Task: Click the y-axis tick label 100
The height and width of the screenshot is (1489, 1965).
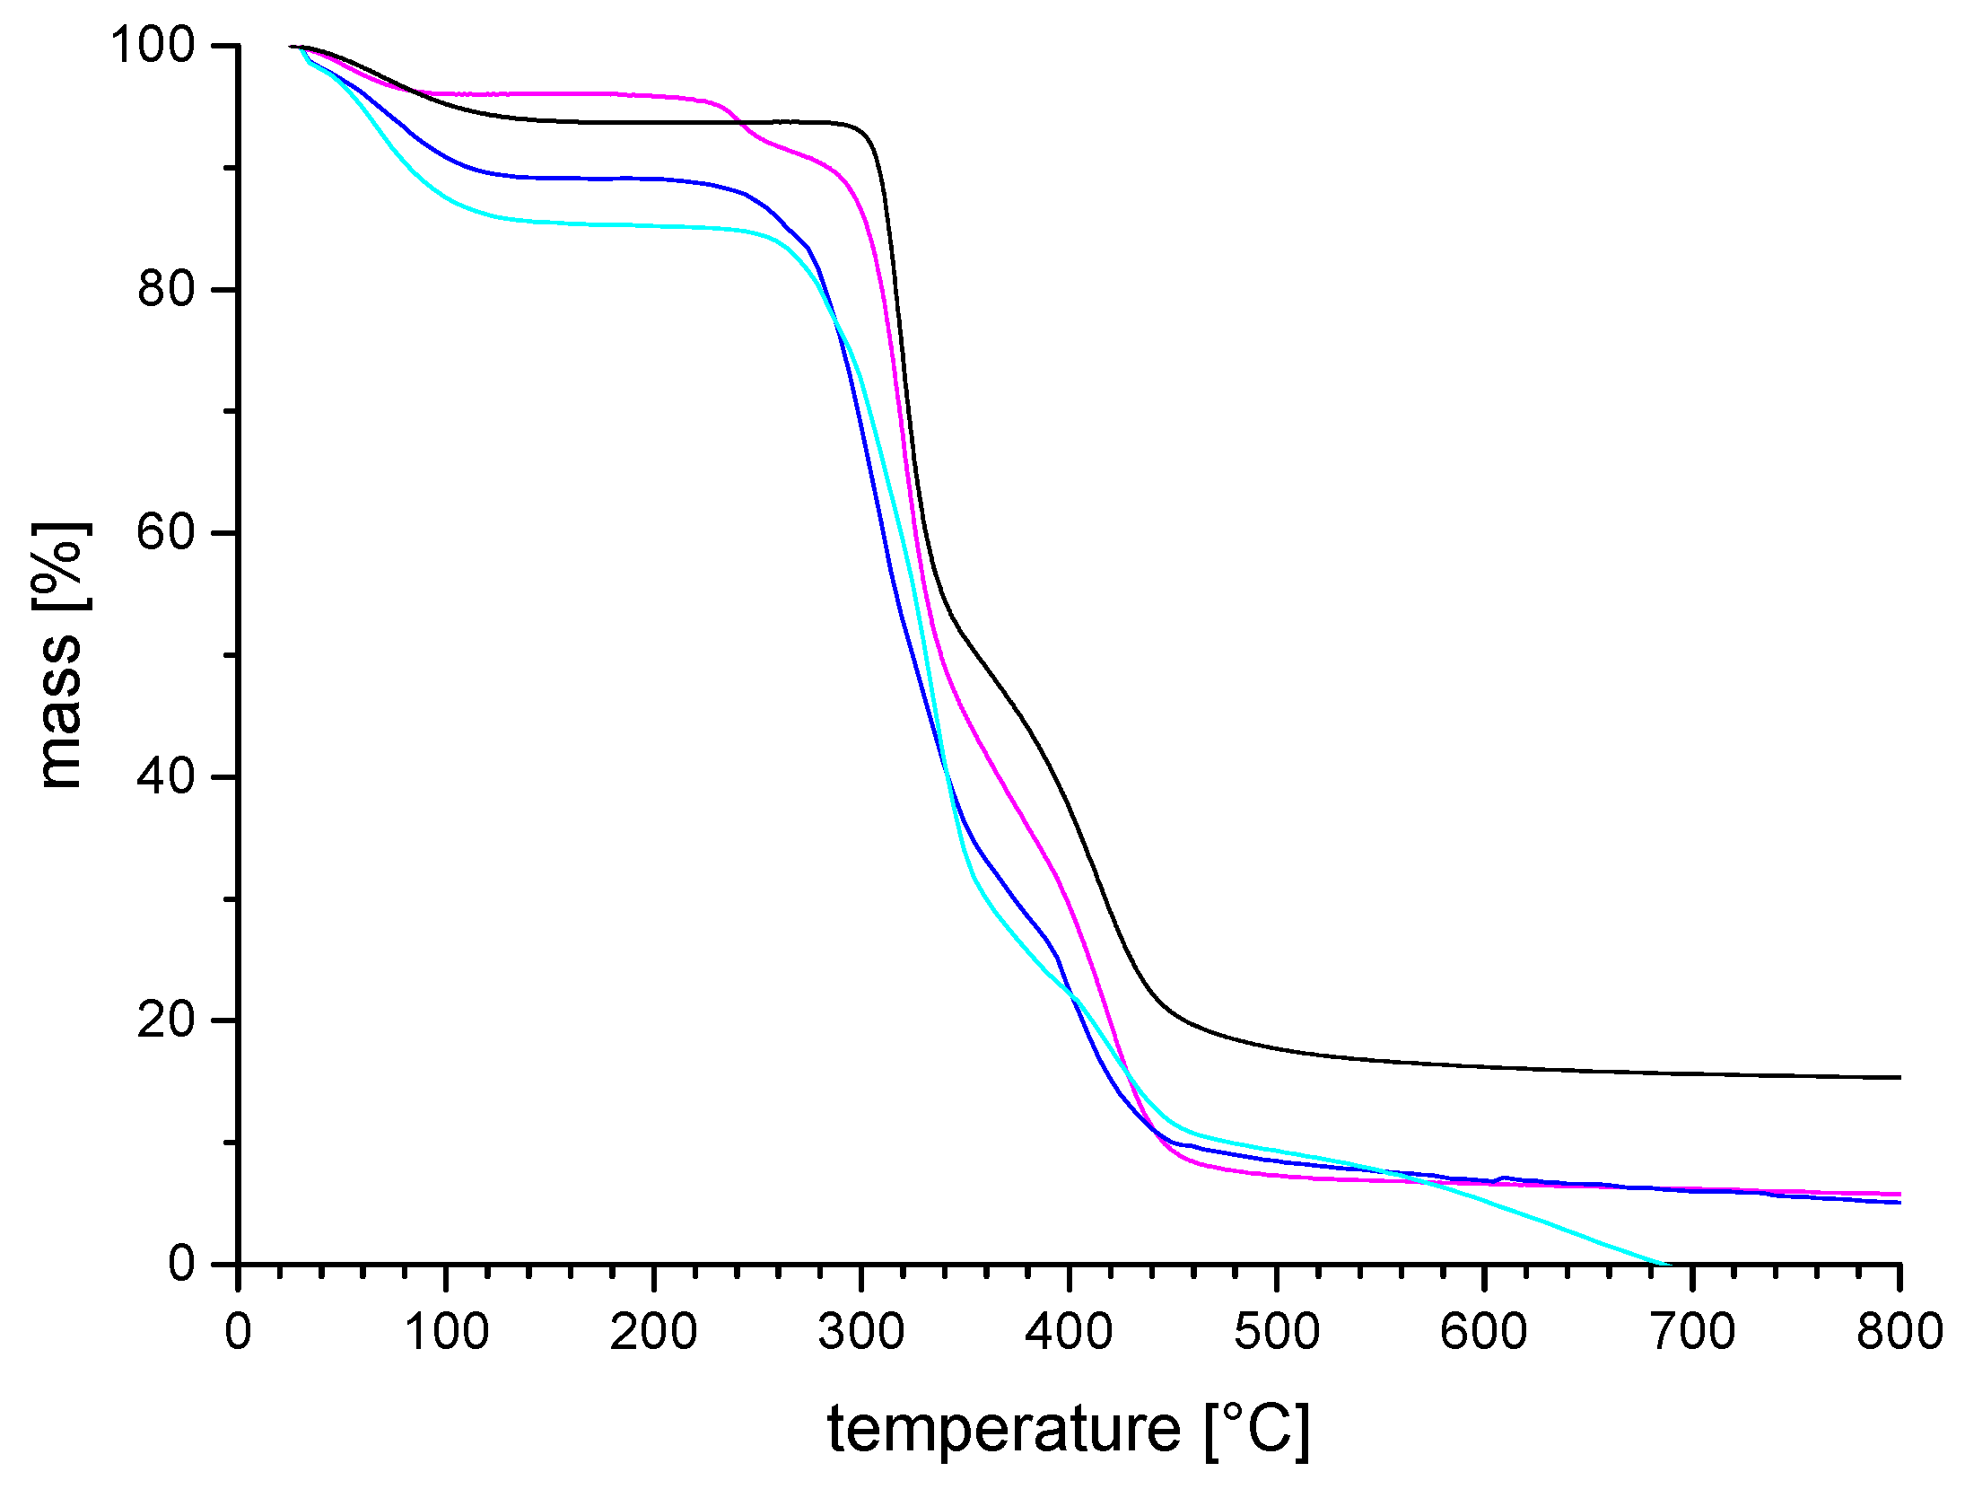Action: [153, 45]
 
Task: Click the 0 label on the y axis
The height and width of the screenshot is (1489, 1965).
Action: [181, 1264]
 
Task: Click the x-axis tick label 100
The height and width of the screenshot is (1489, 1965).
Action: [446, 1332]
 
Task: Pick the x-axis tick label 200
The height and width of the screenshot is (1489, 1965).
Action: [653, 1332]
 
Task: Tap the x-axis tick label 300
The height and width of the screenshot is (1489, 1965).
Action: [861, 1332]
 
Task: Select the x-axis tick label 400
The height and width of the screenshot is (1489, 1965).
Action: [1069, 1332]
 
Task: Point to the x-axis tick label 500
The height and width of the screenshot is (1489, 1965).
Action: [1277, 1332]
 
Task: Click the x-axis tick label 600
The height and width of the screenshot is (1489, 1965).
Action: [1484, 1332]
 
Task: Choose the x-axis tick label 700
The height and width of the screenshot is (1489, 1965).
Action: [1692, 1332]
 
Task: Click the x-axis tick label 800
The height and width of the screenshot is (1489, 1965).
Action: [1899, 1332]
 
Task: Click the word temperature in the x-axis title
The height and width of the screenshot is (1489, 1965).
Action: [1003, 1430]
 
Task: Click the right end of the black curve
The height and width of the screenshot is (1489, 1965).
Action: [1899, 1077]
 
